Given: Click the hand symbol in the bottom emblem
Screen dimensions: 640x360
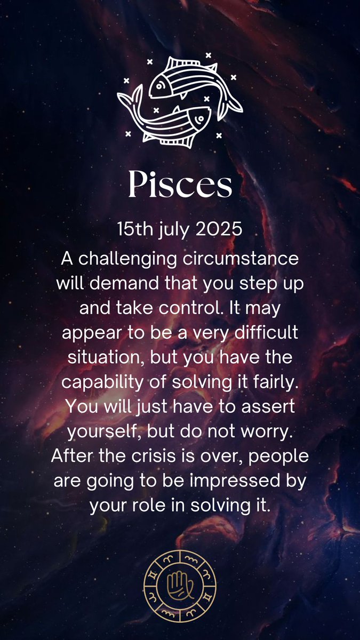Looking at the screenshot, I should tap(180, 586).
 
